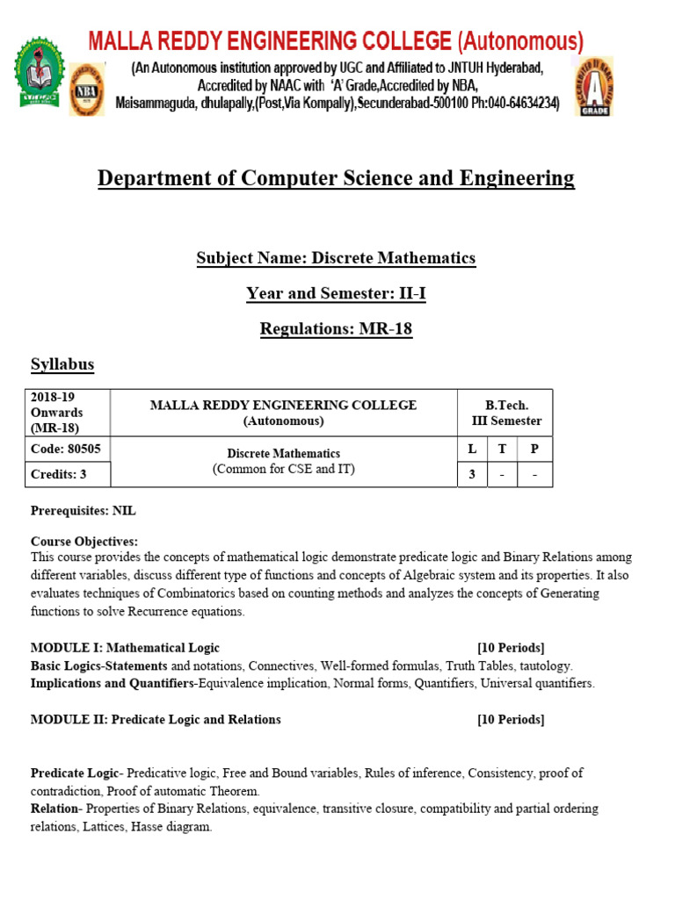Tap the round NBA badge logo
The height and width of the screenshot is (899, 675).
coord(86,90)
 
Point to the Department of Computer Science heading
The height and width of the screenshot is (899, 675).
coord(336,178)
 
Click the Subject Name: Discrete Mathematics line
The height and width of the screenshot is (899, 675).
coord(336,258)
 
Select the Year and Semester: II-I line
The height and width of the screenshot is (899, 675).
coord(336,293)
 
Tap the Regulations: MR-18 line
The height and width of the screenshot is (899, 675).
coord(336,329)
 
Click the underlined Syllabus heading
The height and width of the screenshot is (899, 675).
coord(62,364)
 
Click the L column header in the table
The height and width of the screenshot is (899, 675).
coord(473,449)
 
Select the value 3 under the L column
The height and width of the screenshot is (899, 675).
coord(473,476)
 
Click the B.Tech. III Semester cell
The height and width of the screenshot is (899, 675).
coord(506,413)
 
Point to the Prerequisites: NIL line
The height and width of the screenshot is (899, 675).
coord(83,510)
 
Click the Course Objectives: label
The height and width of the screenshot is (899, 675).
coord(84,542)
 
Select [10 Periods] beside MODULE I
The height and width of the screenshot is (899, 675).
coord(511,648)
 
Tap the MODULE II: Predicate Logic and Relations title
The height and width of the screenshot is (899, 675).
coord(156,720)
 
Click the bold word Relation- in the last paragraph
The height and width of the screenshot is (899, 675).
coord(58,809)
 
